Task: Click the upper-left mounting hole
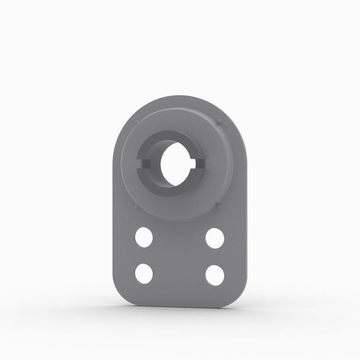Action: point(143,237)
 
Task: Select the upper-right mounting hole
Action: point(214,238)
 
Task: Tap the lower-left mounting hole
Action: point(143,273)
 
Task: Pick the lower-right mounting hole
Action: point(214,275)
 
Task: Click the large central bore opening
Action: point(176,164)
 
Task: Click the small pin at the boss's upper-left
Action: point(137,122)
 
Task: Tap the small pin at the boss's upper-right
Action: point(219,121)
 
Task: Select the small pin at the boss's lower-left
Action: point(137,207)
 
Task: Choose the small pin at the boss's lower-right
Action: point(219,207)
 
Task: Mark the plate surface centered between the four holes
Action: point(179,256)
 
